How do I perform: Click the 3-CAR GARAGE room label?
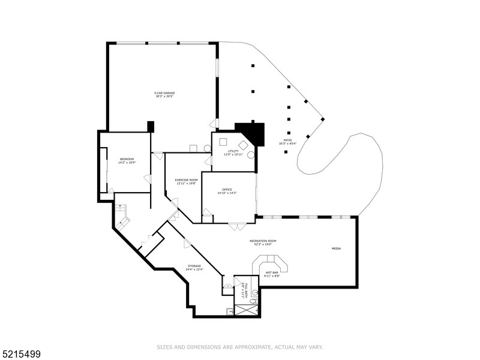[x=164, y=93]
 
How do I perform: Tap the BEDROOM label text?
[x=127, y=158]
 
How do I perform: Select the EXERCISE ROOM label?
[x=186, y=180]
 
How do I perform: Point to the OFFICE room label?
[x=228, y=190]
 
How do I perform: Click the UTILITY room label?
[x=233, y=151]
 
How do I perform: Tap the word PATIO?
[x=288, y=140]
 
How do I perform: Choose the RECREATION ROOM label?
[x=263, y=241]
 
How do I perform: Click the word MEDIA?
[x=337, y=248]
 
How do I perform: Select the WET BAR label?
[x=272, y=273]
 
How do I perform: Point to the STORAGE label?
[x=194, y=266]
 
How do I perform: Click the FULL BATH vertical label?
[x=242, y=291]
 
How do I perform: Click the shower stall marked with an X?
[x=247, y=310]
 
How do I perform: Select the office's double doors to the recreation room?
[x=237, y=226]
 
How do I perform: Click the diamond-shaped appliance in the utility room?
[x=244, y=145]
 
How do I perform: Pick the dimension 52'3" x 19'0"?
[x=263, y=244]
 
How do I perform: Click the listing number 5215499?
[x=20, y=354]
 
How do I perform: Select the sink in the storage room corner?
[x=229, y=311]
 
